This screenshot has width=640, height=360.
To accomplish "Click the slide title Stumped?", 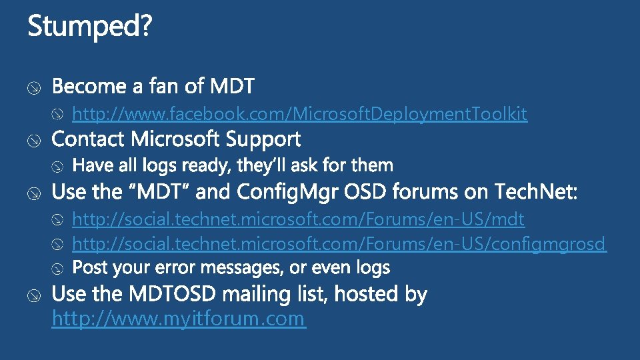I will point(90,27).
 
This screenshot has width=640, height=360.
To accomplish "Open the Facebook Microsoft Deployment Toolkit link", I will point(299,115).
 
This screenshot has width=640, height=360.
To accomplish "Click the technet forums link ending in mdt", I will point(298,219).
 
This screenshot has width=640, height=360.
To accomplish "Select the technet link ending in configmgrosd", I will point(339,244).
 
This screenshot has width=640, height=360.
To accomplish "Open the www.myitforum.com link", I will point(178,319).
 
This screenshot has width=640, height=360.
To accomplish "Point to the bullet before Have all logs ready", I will point(58,166).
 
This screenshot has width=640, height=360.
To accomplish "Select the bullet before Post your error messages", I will point(58,269).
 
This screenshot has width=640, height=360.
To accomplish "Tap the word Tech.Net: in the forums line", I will point(537,193).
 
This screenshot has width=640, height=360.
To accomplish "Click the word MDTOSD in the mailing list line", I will point(167,294).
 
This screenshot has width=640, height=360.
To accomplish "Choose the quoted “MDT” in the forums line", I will point(158,193).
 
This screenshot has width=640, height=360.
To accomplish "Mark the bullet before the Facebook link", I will point(58,115).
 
